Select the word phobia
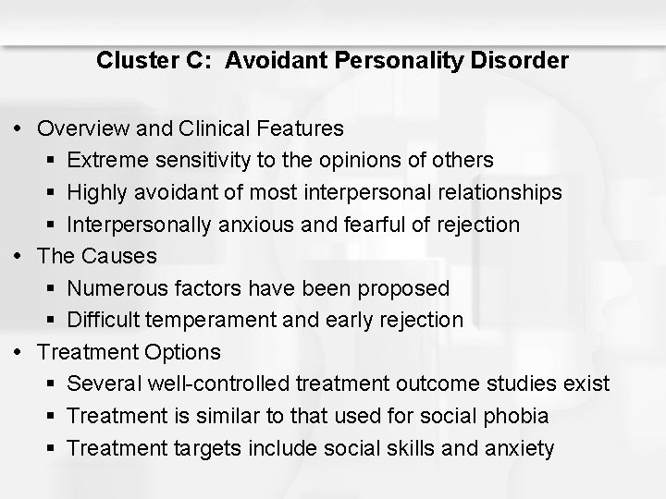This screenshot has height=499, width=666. tap(519, 416)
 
